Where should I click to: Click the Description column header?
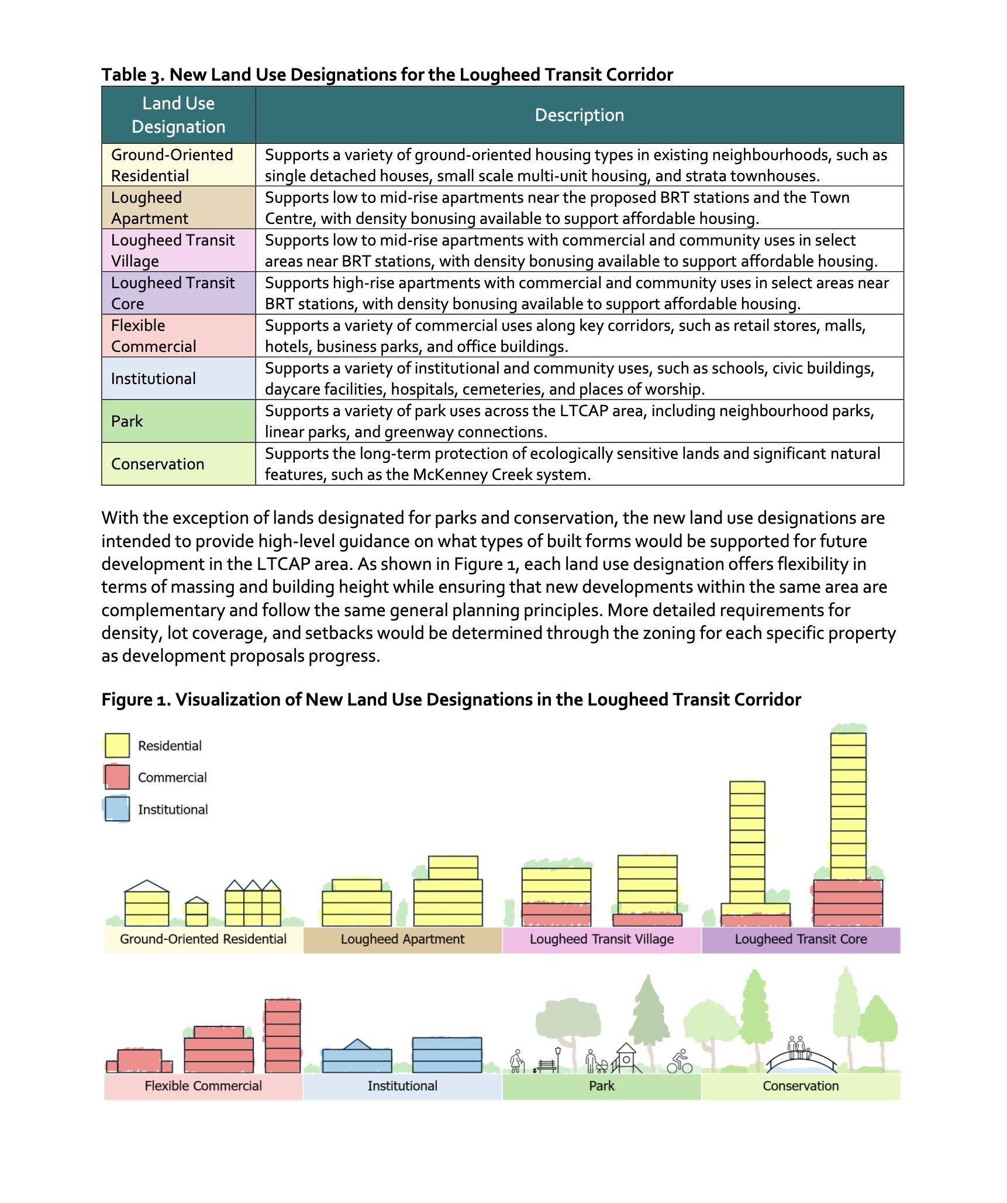579,115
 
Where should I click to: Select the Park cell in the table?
127,421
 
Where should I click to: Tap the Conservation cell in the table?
157,464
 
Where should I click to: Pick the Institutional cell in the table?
153,379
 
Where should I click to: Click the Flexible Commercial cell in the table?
153,336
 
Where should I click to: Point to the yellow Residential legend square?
117,745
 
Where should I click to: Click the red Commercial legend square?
117,777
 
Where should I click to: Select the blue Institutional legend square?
117,810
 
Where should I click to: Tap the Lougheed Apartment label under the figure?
402,939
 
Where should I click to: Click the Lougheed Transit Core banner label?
801,939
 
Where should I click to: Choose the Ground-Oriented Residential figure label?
203,939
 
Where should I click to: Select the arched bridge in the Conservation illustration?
801,1061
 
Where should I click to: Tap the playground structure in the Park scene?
626,1058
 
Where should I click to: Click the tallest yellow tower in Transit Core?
848,807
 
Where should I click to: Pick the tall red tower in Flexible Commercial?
282,1035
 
